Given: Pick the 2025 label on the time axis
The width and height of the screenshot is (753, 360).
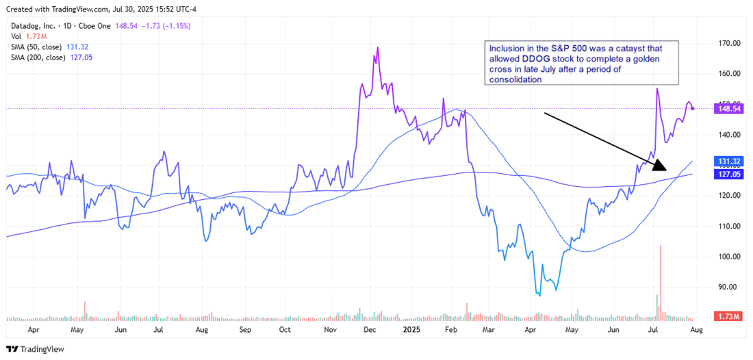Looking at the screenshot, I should (411, 329).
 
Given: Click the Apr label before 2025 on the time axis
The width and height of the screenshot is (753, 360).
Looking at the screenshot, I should (32, 329).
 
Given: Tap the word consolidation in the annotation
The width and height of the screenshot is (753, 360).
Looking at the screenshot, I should (514, 79).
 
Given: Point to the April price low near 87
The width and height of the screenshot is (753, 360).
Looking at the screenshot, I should (539, 295).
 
